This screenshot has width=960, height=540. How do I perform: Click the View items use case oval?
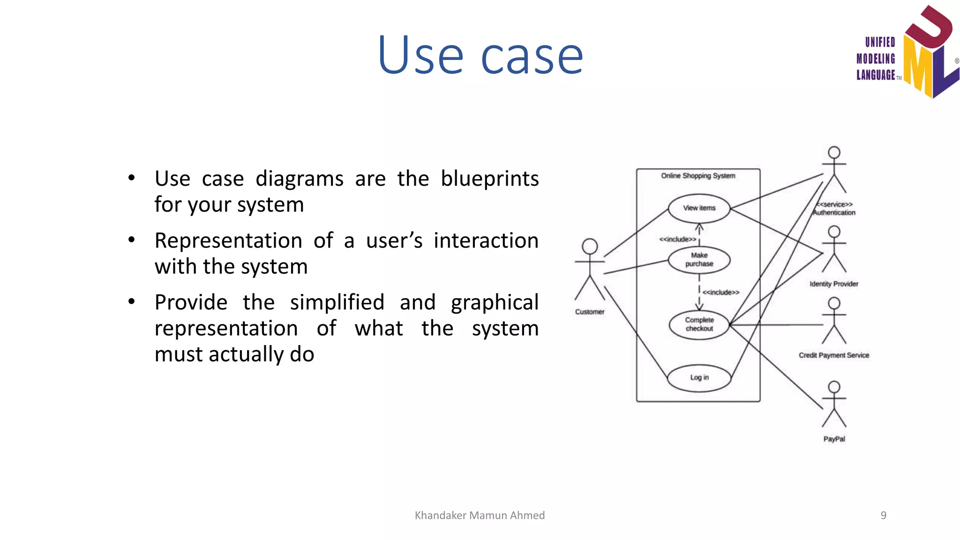pyautogui.click(x=699, y=208)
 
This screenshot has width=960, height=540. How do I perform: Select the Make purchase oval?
pyautogui.click(x=699, y=260)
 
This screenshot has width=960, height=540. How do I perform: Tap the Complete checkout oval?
pyautogui.click(x=699, y=324)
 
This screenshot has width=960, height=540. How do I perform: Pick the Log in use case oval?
pyautogui.click(x=699, y=378)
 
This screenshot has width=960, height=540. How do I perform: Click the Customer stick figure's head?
pyautogui.click(x=590, y=246)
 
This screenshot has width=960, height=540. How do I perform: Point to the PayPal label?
pyautogui.click(x=834, y=439)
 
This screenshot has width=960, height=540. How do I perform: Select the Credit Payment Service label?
pyautogui.click(x=834, y=355)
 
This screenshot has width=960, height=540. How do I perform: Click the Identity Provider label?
pyautogui.click(x=834, y=284)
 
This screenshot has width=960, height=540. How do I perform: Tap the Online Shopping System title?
pyautogui.click(x=698, y=176)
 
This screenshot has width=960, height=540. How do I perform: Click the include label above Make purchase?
pyautogui.click(x=677, y=240)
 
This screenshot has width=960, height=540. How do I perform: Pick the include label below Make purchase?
pyautogui.click(x=720, y=292)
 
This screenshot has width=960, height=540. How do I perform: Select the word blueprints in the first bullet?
pyautogui.click(x=489, y=179)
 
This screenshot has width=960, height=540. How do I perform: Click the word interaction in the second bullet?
pyautogui.click(x=486, y=241)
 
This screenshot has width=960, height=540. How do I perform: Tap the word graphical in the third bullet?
pyautogui.click(x=495, y=303)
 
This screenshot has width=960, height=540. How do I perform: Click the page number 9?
pyautogui.click(x=883, y=516)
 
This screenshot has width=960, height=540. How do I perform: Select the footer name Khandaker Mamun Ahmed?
pyautogui.click(x=480, y=516)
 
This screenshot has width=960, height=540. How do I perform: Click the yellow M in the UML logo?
pyautogui.click(x=917, y=66)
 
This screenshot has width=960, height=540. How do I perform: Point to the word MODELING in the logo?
pyautogui.click(x=876, y=59)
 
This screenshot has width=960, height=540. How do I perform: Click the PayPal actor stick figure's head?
pyautogui.click(x=834, y=387)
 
